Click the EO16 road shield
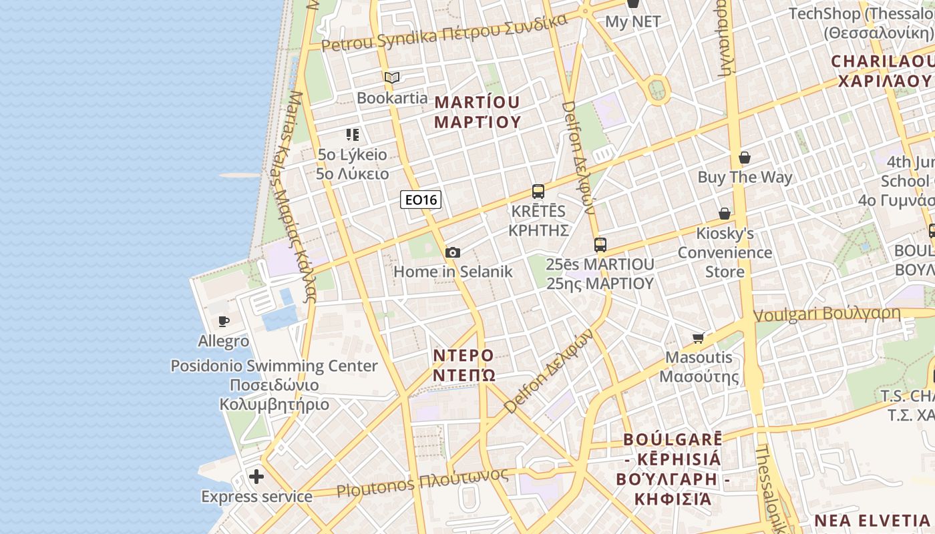coord(421,200)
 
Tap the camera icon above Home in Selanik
coord(453,252)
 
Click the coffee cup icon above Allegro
coord(224,322)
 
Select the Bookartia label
coord(392,98)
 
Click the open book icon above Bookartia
coord(392,78)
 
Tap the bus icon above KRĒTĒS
coord(538,192)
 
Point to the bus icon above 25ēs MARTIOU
coord(600,245)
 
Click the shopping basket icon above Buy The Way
coord(745,158)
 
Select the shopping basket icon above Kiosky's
coord(725,214)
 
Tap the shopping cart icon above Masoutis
coord(699,338)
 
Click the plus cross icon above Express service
coord(256,477)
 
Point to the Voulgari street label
coord(827,314)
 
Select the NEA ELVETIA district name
coord(872,521)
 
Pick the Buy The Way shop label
coord(745,178)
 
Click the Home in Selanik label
coord(453,272)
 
